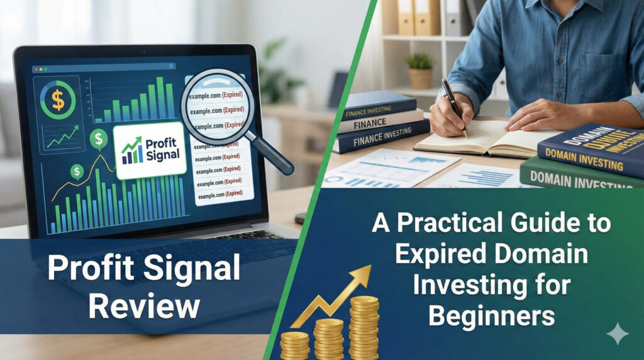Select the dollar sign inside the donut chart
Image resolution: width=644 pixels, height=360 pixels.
(58, 99)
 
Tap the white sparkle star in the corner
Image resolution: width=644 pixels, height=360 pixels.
(618, 334)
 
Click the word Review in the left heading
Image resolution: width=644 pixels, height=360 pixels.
(144, 307)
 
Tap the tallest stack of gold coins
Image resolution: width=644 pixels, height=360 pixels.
(364, 327)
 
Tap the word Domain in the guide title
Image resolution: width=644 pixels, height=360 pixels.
(542, 256)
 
